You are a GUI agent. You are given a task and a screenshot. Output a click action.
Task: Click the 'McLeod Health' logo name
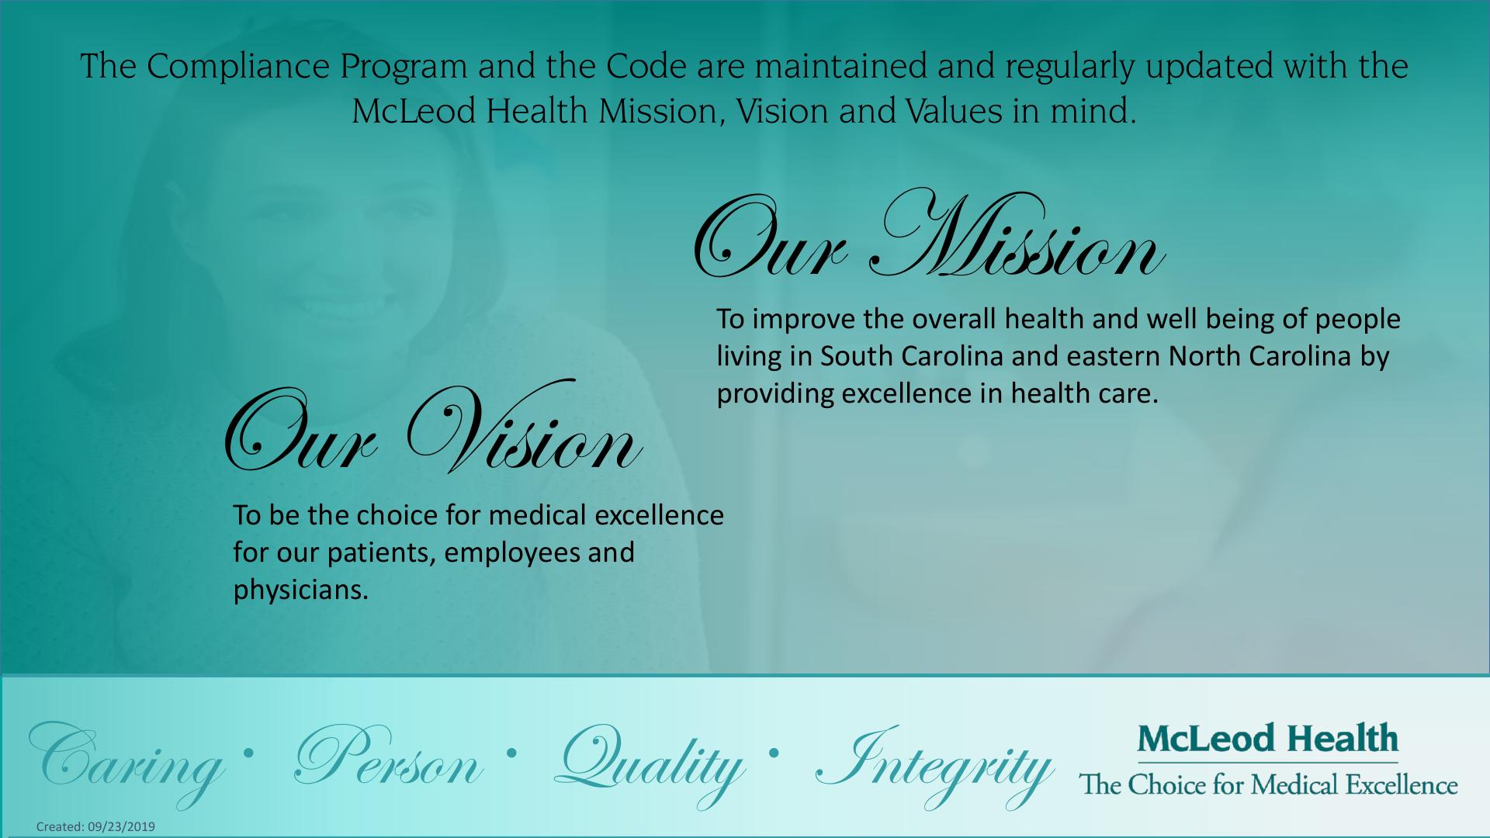tap(1268, 739)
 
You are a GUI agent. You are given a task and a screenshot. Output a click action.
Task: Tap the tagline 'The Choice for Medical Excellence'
tap(1268, 784)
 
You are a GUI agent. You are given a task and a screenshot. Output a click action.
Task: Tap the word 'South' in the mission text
tap(857, 356)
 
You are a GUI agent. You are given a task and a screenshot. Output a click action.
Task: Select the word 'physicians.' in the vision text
tap(301, 590)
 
